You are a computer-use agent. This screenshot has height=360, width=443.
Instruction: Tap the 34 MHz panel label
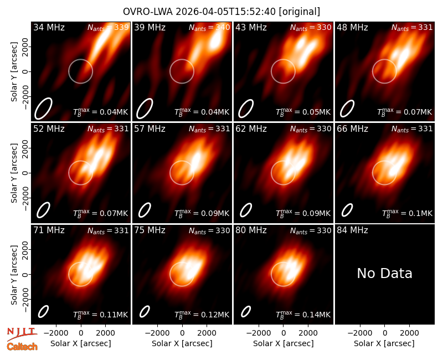49,27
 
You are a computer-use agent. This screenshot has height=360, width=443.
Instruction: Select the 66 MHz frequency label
352,129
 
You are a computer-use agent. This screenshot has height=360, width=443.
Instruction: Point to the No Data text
384,273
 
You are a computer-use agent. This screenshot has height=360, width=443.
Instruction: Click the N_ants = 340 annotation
209,28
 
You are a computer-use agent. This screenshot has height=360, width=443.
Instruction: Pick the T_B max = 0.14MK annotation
303,315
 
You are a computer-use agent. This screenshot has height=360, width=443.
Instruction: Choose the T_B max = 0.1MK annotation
407,213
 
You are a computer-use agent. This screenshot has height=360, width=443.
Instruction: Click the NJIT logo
22,334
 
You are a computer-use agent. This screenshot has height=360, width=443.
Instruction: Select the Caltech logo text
22,347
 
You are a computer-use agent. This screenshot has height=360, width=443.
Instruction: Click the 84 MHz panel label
352,230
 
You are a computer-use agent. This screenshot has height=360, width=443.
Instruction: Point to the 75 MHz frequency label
150,230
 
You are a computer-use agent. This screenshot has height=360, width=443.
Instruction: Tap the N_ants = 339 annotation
108,28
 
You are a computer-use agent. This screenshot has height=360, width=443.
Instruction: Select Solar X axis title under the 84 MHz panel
384,343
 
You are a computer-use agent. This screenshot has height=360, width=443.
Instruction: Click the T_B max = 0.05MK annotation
303,112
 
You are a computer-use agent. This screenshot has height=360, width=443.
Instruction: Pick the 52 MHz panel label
49,129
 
